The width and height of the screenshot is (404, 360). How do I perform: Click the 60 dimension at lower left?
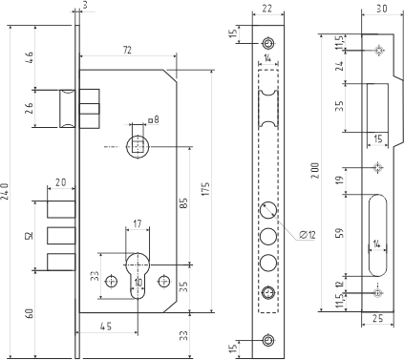[x=29, y=311]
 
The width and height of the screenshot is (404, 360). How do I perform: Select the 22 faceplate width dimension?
[x=266, y=9]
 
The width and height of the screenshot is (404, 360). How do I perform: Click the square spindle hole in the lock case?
[x=140, y=145]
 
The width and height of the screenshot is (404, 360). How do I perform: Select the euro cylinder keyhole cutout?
[x=138, y=277]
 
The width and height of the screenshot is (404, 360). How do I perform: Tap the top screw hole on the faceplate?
[x=267, y=43]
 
